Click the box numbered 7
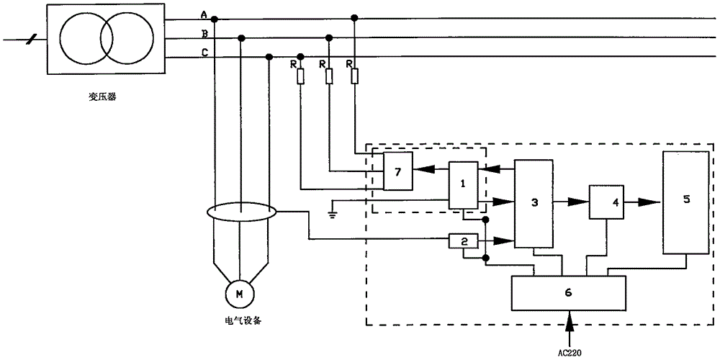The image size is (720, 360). [x=398, y=171]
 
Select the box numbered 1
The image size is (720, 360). [x=463, y=186]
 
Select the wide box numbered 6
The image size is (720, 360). [x=569, y=292]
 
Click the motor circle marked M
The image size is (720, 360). [x=239, y=294]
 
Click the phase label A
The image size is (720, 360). [x=204, y=15]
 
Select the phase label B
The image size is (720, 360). [x=204, y=34]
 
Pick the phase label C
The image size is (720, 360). [x=204, y=53]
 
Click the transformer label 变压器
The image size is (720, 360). [x=103, y=97]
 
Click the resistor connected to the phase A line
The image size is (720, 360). [x=354, y=76]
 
